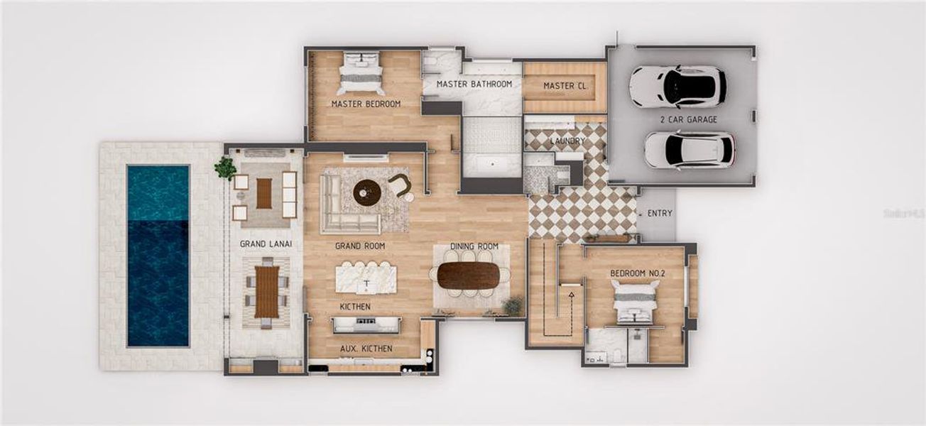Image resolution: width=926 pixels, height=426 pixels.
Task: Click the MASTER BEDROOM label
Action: (x=366, y=104)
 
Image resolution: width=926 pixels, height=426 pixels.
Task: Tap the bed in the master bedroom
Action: (x=361, y=72)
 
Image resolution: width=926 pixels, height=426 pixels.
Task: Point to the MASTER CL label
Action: (x=565, y=86)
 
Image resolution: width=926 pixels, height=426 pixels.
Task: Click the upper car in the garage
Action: (x=678, y=86)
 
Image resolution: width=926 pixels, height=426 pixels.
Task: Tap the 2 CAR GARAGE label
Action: (x=688, y=119)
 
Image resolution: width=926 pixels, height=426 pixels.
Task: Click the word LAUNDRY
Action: (x=568, y=141)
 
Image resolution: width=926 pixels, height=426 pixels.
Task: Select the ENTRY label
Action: (x=660, y=213)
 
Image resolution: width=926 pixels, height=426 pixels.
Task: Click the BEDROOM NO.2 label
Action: (x=636, y=273)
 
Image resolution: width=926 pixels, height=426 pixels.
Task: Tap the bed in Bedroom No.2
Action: (x=636, y=302)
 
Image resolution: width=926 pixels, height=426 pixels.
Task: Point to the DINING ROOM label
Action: (x=474, y=246)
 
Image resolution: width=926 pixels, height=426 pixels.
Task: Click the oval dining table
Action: (x=469, y=276)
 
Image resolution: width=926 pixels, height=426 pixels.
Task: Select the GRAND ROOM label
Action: (x=360, y=246)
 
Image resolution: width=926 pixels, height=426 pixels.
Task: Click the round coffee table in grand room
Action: (x=367, y=192)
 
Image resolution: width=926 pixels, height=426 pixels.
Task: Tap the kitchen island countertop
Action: (x=366, y=277)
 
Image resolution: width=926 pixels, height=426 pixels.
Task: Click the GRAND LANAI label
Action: (x=266, y=244)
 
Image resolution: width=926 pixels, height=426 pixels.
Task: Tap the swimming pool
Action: (x=158, y=256)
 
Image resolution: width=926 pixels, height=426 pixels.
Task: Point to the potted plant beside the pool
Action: (x=226, y=168)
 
